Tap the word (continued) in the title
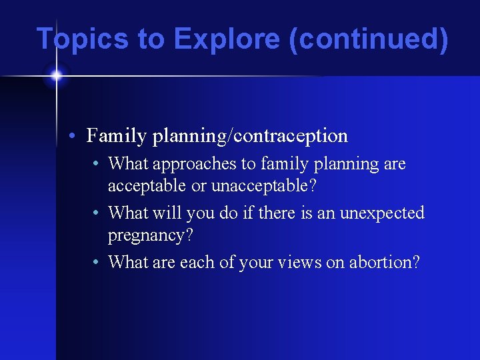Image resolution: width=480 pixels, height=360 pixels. (x=369, y=39)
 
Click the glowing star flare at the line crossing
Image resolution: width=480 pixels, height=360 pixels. (x=56, y=75)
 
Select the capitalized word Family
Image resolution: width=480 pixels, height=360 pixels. (x=116, y=136)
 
